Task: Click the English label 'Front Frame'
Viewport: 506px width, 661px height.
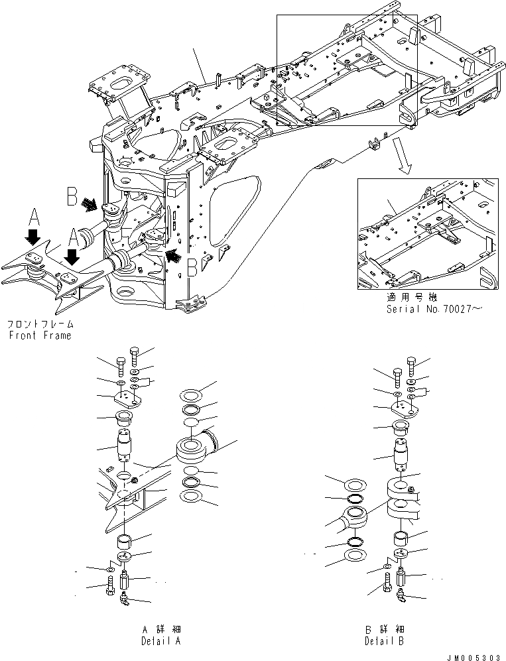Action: (x=39, y=335)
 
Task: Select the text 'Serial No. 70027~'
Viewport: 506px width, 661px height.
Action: (x=430, y=310)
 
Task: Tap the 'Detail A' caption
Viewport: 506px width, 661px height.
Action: (x=160, y=641)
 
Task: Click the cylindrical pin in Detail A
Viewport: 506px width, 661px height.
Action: (x=125, y=446)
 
